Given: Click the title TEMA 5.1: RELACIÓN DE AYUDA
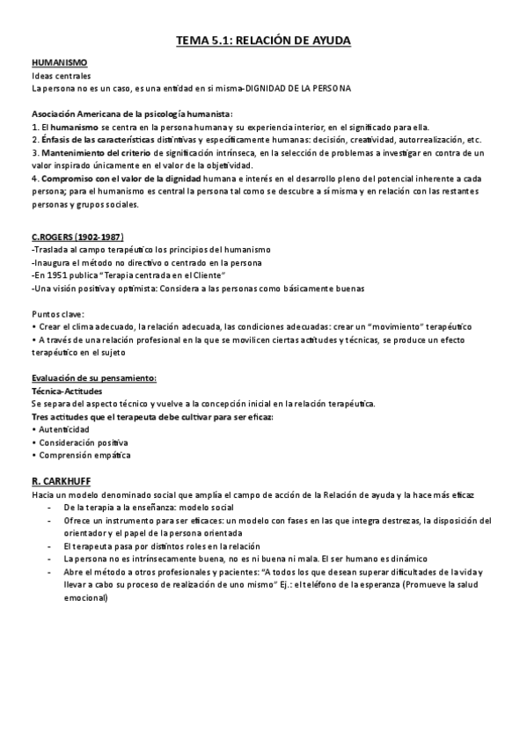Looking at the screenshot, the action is tap(263, 40).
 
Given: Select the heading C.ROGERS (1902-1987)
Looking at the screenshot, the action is tap(77, 238).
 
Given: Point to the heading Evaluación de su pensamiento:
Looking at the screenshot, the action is tap(93, 378).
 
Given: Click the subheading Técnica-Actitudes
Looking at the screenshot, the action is tap(67, 391).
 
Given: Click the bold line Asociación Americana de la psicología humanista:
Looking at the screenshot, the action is tap(132, 114).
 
